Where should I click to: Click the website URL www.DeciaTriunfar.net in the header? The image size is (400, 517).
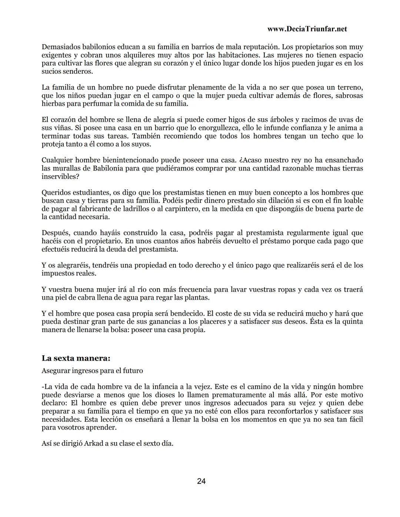coord(307,29)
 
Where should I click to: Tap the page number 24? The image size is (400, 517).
coord(201,481)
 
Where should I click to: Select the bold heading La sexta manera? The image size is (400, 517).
coord(76,358)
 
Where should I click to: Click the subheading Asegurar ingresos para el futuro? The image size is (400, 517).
coord(92,371)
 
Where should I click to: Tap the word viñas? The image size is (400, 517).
coord(61,128)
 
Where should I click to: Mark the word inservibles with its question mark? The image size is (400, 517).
coord(60,177)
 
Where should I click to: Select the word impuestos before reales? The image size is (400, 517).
coord(59,273)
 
